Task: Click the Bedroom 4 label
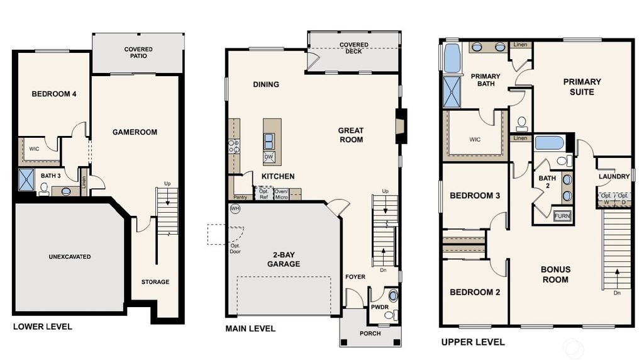pos(54,94)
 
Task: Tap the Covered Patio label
pos(138,53)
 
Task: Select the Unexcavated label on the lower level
pos(70,257)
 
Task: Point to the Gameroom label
pos(135,132)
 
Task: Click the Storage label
pos(155,282)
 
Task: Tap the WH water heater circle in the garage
pos(235,209)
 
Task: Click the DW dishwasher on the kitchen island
pos(269,157)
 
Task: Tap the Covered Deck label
pos(353,48)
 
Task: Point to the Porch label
pos(370,334)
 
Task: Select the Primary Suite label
pos(582,87)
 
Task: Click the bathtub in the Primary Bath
pos(452,59)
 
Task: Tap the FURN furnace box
pos(562,217)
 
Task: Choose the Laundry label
pos(614,177)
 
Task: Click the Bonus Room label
pos(555,274)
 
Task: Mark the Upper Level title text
pos(472,342)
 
